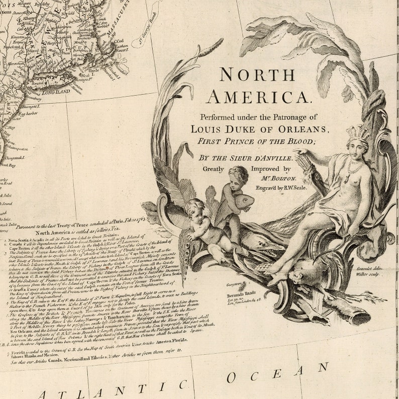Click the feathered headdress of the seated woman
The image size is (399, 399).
[x=359, y=133]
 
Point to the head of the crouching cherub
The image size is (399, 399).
[x=194, y=208]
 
